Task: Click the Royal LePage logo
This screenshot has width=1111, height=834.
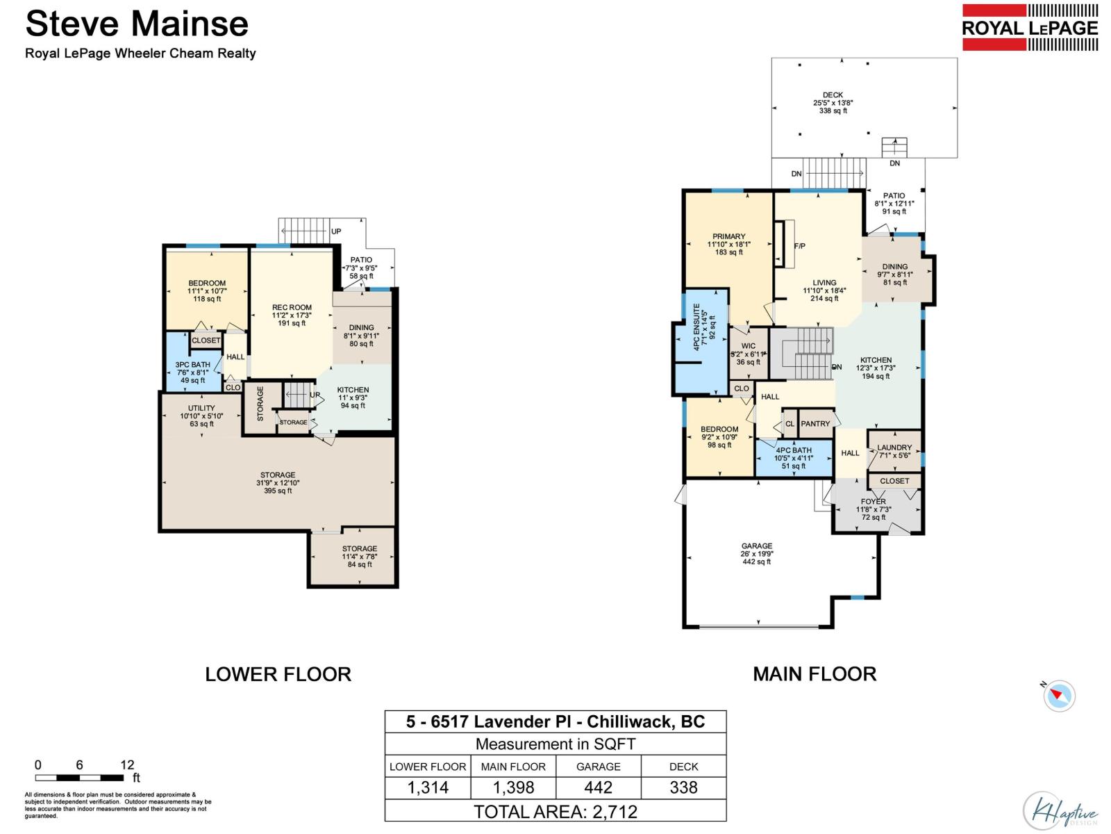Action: pyautogui.click(x=1030, y=28)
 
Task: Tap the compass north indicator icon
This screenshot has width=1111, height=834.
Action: pyautogui.click(x=1059, y=695)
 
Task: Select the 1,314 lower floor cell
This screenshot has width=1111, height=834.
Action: pyautogui.click(x=428, y=787)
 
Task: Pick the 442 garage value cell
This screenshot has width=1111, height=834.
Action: pyautogui.click(x=598, y=787)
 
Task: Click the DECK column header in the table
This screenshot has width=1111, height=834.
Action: pyautogui.click(x=683, y=767)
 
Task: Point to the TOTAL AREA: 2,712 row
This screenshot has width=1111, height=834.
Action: pyautogui.click(x=555, y=811)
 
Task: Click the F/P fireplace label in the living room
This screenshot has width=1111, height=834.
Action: pyautogui.click(x=799, y=246)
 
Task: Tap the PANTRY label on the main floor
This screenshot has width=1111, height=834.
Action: pyautogui.click(x=815, y=423)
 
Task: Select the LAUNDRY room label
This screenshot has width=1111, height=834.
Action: pyautogui.click(x=894, y=448)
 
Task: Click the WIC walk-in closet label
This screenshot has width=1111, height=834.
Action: pyautogui.click(x=748, y=346)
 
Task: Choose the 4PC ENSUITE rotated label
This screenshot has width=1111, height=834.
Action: pyautogui.click(x=696, y=327)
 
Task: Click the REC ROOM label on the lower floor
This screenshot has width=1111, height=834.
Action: pyautogui.click(x=292, y=307)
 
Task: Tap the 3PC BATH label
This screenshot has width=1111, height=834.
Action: pyautogui.click(x=192, y=365)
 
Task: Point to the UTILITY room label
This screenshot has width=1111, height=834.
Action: pyautogui.click(x=201, y=408)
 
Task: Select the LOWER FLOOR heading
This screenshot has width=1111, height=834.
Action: pyautogui.click(x=278, y=674)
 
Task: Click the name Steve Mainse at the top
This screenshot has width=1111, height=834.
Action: pyautogui.click(x=137, y=24)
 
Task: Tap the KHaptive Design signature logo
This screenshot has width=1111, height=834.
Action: pyautogui.click(x=1060, y=811)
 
